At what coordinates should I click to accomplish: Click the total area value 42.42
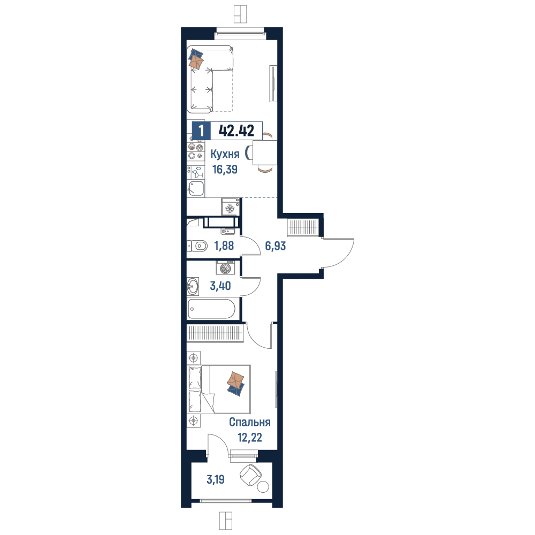[x=236, y=131]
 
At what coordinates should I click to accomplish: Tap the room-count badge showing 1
[x=201, y=131]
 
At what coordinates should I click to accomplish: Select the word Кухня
[x=225, y=154]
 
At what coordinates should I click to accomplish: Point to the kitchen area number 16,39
[x=225, y=169]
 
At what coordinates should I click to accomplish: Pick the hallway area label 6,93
[x=276, y=246]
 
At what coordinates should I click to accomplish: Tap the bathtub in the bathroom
[x=211, y=309]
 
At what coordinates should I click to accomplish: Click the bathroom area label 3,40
[x=220, y=286]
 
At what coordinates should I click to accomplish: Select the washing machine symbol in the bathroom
[x=225, y=267]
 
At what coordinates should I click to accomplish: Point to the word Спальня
[x=250, y=422]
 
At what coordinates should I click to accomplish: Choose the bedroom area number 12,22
[x=250, y=438]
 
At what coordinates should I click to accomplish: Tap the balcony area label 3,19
[x=216, y=479]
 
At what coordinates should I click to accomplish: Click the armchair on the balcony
[x=251, y=475]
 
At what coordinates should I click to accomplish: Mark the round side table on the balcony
[x=263, y=486]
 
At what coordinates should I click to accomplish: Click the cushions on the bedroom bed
[x=236, y=384]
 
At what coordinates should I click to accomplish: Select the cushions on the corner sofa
[x=196, y=59]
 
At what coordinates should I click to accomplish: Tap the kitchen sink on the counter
[x=196, y=188]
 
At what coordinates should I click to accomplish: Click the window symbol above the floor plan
[x=240, y=14]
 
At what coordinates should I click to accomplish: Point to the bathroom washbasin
[x=193, y=286]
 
